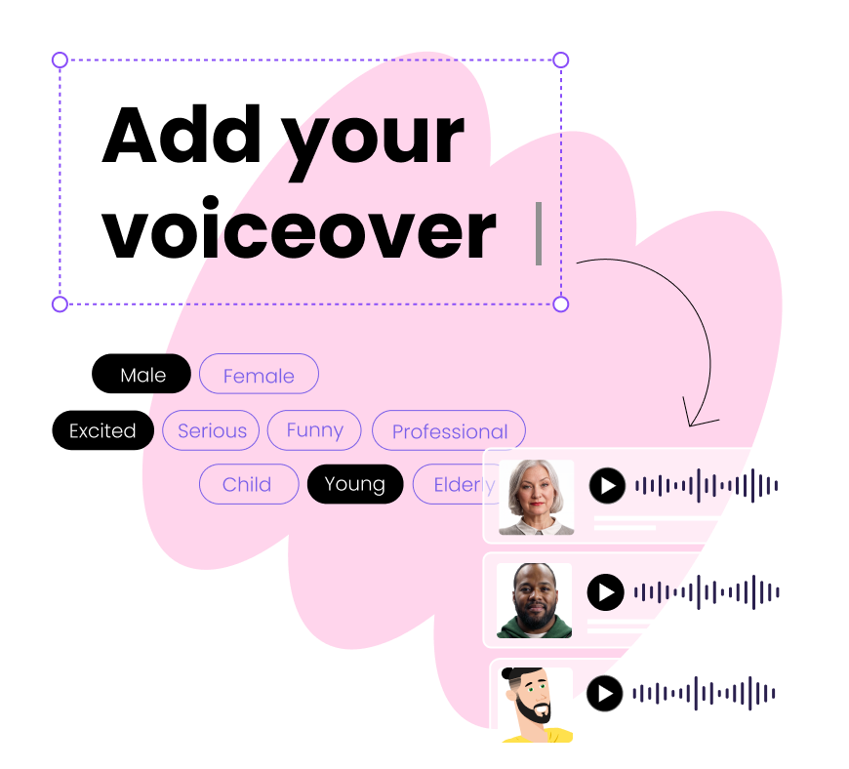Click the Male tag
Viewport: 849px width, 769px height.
(143, 375)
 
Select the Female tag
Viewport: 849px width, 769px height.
(259, 375)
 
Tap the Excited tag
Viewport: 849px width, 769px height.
(103, 430)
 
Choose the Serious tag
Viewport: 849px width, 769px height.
(211, 430)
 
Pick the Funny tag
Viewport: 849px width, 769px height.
(314, 430)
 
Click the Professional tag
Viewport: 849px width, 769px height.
(449, 431)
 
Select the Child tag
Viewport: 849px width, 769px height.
(248, 484)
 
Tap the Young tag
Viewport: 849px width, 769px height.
(355, 484)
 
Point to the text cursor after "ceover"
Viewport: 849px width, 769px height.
(538, 233)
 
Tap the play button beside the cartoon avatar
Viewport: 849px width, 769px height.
(605, 694)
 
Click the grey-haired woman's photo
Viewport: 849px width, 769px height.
(536, 497)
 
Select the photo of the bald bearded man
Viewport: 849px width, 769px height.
(534, 600)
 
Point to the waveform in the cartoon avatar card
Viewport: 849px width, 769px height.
(704, 694)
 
